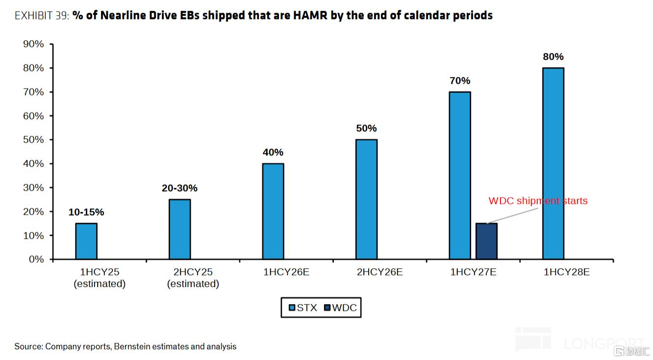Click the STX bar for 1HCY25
click(86, 241)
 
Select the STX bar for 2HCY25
click(180, 230)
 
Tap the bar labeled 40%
click(273, 211)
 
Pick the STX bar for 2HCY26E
click(366, 199)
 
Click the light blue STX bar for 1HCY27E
click(460, 175)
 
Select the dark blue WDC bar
click(486, 241)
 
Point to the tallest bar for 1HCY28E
click(553, 163)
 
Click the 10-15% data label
click(86, 212)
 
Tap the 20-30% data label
click(179, 188)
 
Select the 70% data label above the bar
click(460, 81)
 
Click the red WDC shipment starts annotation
click(538, 201)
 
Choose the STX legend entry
click(302, 308)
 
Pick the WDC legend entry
click(341, 308)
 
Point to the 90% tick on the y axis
click(33, 44)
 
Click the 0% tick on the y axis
click(36, 259)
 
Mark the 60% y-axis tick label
click(33, 116)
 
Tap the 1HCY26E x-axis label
click(286, 272)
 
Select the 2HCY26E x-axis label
click(380, 272)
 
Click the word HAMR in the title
click(310, 16)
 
